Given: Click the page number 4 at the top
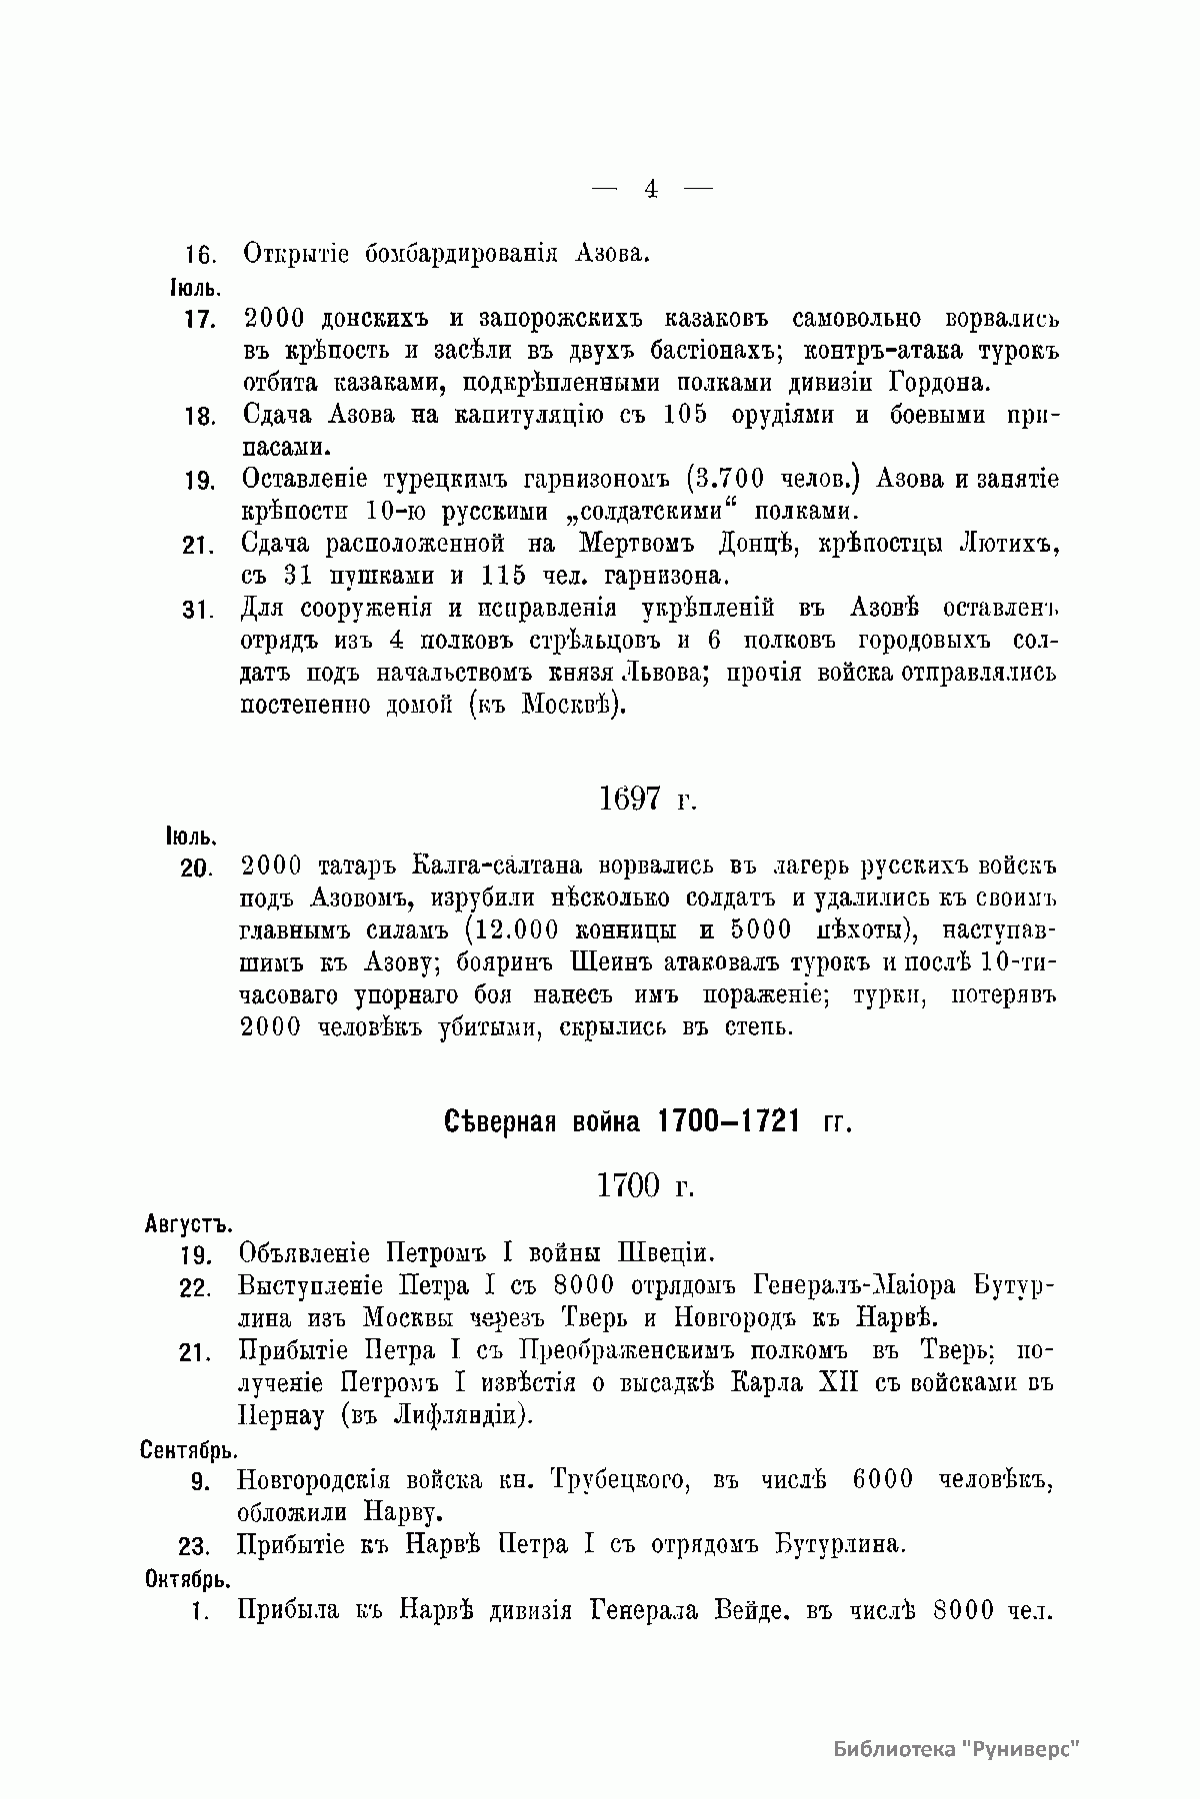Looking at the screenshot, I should (x=651, y=189).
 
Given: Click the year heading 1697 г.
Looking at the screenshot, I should (x=646, y=799).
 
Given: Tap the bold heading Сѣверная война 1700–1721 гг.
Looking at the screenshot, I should (x=648, y=1121).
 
